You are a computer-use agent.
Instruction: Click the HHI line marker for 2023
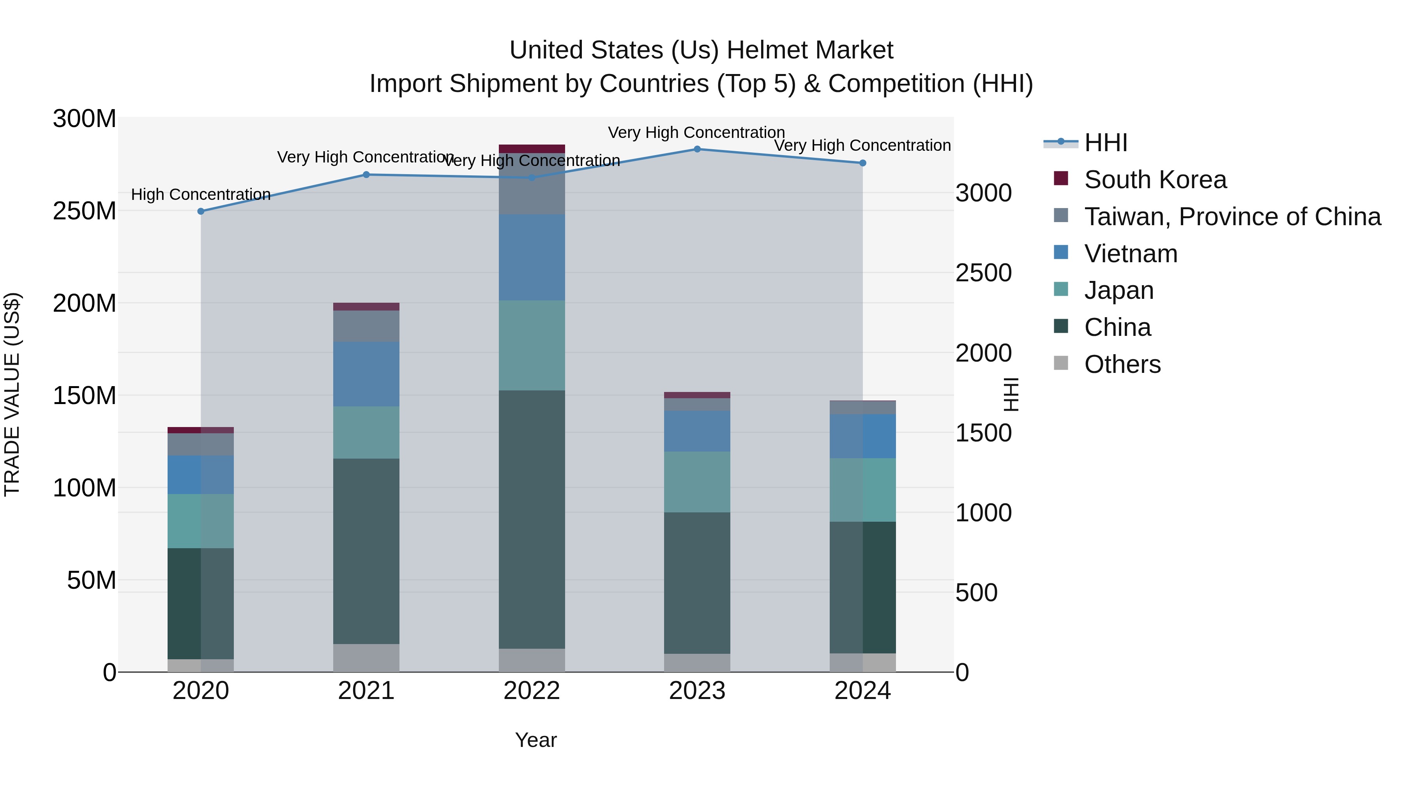coord(697,149)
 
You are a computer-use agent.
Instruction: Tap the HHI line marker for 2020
coord(201,211)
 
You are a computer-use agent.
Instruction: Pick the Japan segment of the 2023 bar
coord(697,482)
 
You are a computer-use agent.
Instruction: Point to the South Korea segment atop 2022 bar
coord(532,149)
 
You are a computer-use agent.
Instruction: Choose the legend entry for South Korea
coord(1155,180)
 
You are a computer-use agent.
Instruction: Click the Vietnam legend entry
coord(1130,254)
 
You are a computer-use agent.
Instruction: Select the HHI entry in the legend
coord(1106,143)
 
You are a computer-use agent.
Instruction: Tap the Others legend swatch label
coord(1122,364)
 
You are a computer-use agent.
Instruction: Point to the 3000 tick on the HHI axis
coord(983,193)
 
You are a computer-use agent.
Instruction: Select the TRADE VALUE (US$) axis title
coord(12,394)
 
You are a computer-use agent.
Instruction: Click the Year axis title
coord(536,740)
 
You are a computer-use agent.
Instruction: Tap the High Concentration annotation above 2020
coord(201,194)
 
